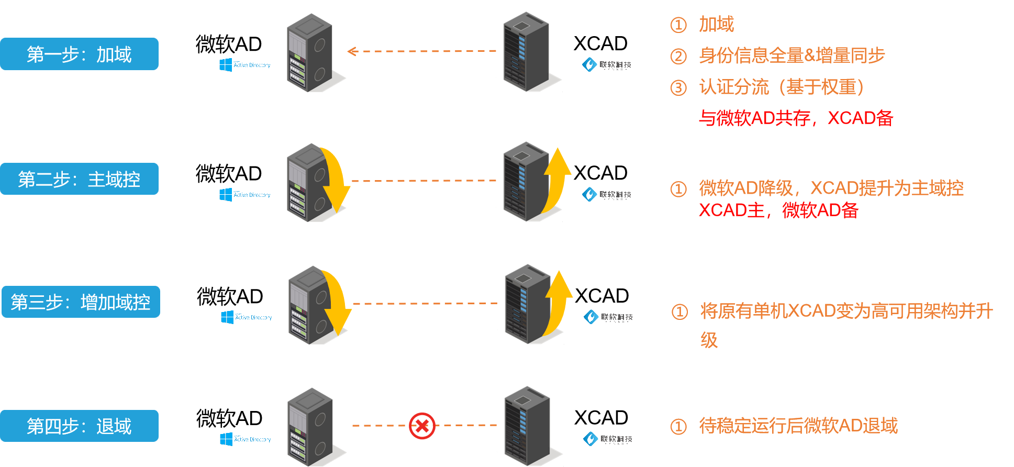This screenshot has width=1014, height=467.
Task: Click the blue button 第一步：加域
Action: click(79, 54)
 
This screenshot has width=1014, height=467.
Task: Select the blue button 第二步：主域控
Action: click(79, 179)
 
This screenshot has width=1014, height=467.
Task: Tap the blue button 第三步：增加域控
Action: click(81, 302)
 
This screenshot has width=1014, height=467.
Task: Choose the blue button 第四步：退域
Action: click(79, 426)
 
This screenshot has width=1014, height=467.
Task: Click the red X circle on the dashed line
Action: click(422, 426)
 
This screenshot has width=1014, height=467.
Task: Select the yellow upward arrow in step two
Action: click(556, 178)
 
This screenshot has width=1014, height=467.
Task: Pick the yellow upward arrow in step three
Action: click(558, 301)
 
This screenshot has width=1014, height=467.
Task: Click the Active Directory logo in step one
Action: click(244, 65)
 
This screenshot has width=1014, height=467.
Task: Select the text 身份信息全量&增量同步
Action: click(792, 55)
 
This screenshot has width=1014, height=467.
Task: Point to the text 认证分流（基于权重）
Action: click(782, 87)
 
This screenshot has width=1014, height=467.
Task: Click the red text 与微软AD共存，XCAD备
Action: click(796, 118)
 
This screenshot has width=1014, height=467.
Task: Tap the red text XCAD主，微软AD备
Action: click(778, 210)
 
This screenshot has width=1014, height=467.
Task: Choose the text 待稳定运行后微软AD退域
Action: click(798, 426)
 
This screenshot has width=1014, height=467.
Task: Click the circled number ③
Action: click(678, 87)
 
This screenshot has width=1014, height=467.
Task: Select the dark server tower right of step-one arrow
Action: click(526, 52)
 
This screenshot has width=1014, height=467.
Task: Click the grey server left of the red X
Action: click(310, 427)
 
